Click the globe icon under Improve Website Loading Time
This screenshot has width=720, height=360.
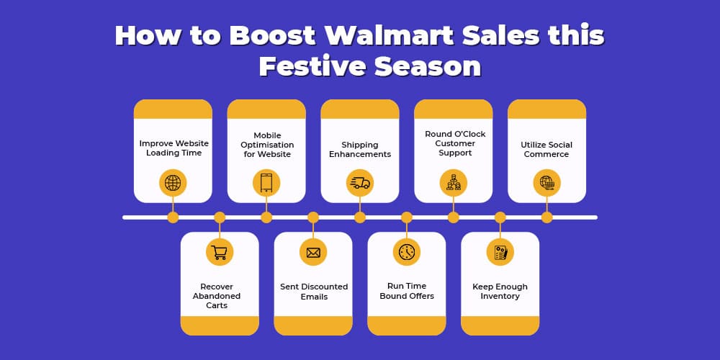(x=173, y=183)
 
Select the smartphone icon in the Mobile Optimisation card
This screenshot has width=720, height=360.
(x=266, y=183)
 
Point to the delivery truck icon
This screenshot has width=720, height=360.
(x=360, y=183)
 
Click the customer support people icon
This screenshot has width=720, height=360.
(x=453, y=183)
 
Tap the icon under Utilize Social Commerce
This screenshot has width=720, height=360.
(x=546, y=183)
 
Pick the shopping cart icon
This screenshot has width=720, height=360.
(x=220, y=252)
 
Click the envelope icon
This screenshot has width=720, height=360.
(x=313, y=252)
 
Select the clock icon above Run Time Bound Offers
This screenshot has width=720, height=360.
(x=406, y=252)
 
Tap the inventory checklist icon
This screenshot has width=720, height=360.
(x=500, y=252)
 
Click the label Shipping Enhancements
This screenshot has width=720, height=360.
(x=360, y=149)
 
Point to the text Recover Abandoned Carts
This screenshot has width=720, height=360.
(x=217, y=296)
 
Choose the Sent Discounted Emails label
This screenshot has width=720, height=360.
(x=314, y=292)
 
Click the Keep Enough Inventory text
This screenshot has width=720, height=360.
(x=500, y=291)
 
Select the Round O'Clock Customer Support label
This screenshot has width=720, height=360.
(x=455, y=143)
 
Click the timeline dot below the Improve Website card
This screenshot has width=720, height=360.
(x=173, y=217)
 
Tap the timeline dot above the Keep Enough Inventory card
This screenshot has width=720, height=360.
(x=500, y=217)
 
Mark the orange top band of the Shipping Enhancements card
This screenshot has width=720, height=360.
(x=360, y=109)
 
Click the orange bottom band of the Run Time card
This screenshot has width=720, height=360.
(x=406, y=325)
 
